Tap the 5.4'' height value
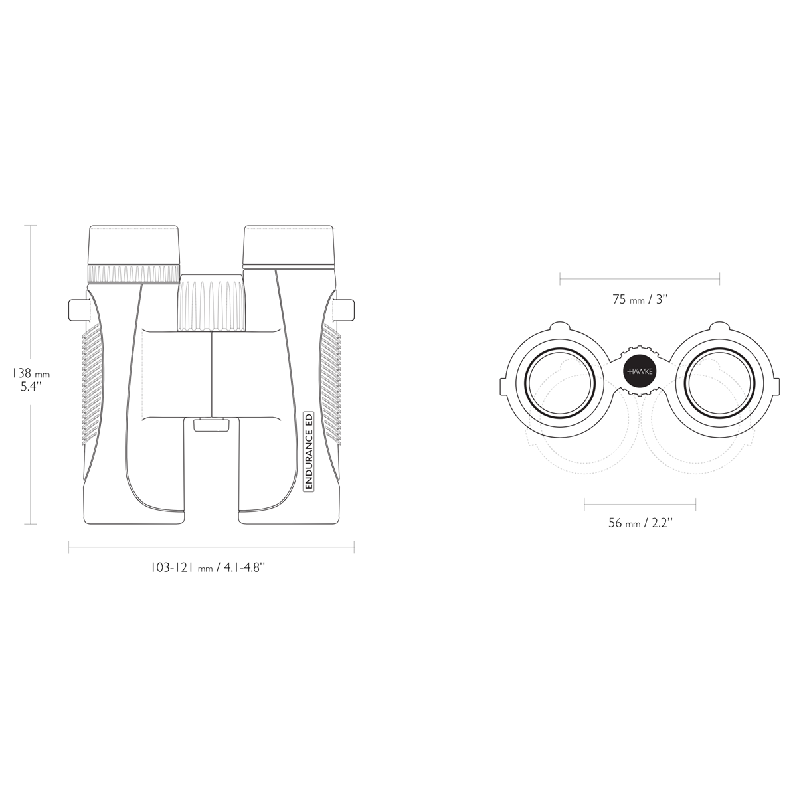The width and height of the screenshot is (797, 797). (31, 387)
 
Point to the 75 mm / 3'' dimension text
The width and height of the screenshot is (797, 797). (640, 299)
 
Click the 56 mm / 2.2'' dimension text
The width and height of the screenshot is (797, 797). (640, 523)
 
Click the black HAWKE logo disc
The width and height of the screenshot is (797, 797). (640, 371)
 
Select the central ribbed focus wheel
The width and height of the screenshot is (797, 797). (211, 302)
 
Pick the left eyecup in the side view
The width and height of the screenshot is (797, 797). (133, 244)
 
